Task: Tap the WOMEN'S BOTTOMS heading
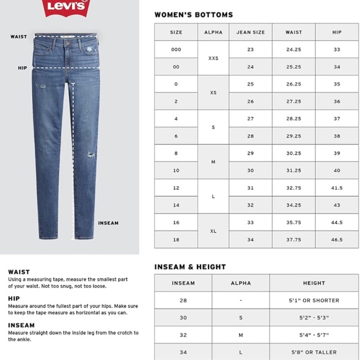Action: pos(194,14)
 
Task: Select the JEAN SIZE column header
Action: pos(251,32)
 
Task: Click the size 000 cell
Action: pos(176,49)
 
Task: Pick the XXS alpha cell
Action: pos(213,58)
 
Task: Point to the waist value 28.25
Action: pos(294,119)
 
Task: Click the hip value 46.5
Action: pos(337,240)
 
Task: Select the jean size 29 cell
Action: pos(251,153)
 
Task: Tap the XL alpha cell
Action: pos(213,231)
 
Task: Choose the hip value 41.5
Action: pos(337,187)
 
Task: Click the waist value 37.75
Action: pos(294,240)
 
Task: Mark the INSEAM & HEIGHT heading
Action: pos(190,267)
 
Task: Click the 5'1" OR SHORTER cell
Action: pos(314,300)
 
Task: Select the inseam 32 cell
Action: pos(183,335)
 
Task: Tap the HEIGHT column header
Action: pos(314,283)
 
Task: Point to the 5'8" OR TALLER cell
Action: pos(314,351)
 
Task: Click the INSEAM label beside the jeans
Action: pos(108,223)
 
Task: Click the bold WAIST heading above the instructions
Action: pos(19,272)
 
